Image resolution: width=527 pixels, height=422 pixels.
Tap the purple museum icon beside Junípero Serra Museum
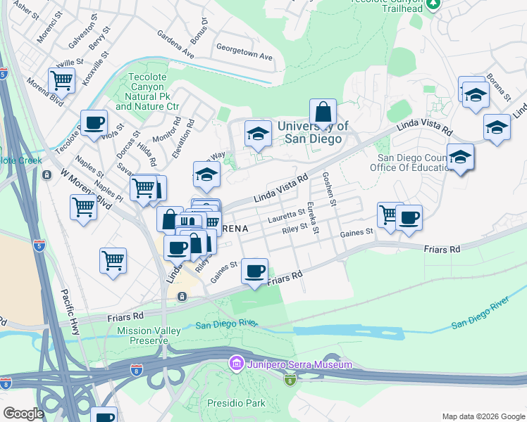pos(236,364)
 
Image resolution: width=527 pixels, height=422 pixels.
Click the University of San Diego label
pos(313,132)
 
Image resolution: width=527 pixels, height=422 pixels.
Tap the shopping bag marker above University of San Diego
pos(323,113)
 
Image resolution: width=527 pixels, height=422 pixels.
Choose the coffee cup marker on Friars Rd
pos(255,271)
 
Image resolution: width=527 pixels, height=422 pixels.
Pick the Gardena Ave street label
pos(175,44)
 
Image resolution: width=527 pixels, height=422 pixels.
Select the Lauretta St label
pos(292,214)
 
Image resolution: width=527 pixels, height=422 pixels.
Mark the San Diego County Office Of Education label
pos(412,162)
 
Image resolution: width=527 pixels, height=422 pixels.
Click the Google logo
pos(23,414)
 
